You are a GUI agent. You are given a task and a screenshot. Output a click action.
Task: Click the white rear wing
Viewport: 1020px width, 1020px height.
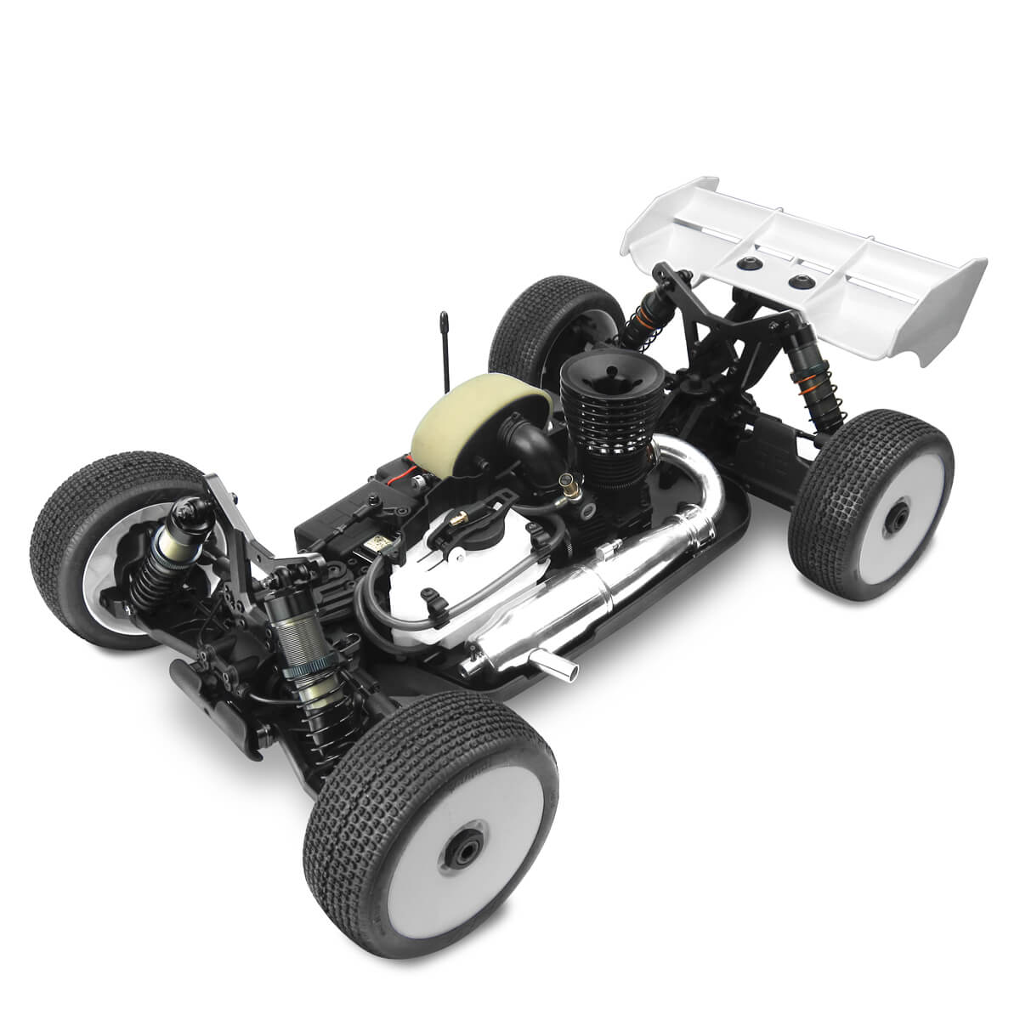click(x=816, y=255)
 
